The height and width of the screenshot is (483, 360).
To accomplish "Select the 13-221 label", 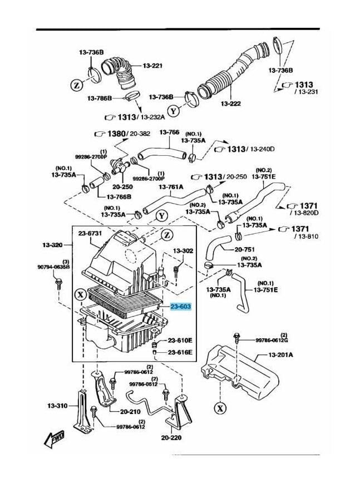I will pos(152,66).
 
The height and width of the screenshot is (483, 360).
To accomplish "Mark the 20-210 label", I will pos(131,412).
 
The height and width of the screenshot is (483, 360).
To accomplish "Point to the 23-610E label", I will pos(180,340).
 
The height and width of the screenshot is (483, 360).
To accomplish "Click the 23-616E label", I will pos(180,352).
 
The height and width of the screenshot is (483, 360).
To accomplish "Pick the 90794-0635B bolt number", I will pos(55,267).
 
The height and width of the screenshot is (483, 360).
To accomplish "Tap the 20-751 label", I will pos(245,250).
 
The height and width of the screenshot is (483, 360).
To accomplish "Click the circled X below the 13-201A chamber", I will pos(221,408).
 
